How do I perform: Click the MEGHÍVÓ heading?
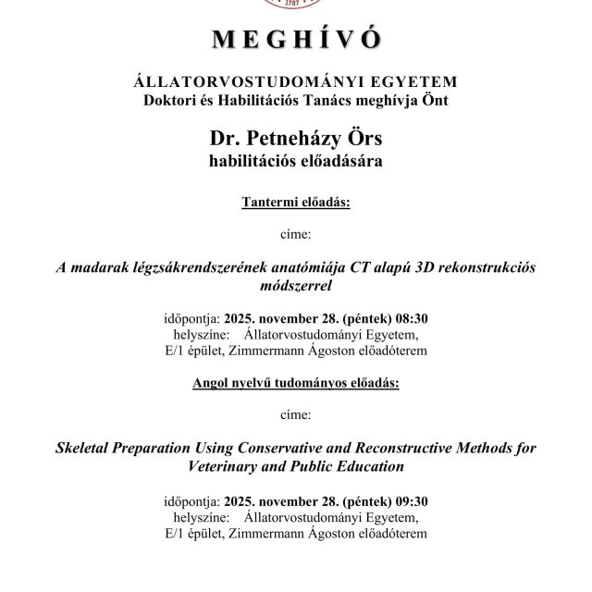coord(296,40)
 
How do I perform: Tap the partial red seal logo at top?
coord(296,5)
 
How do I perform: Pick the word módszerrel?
coord(296,286)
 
